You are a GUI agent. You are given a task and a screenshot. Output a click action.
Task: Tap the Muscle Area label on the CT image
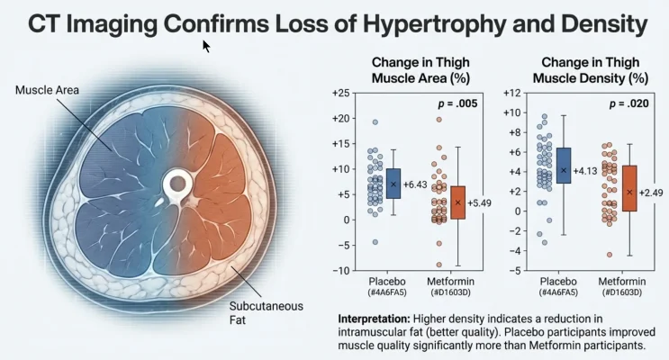(46, 90)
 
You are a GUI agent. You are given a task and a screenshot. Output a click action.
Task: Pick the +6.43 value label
(417, 184)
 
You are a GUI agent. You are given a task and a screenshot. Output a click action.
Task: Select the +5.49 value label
(482, 202)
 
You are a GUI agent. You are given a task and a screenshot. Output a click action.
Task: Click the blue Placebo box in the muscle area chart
(393, 183)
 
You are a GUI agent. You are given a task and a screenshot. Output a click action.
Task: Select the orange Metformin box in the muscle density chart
(629, 188)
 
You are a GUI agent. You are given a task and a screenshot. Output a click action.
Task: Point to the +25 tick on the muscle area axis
(342, 94)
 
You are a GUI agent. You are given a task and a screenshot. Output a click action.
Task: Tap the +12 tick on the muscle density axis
(512, 94)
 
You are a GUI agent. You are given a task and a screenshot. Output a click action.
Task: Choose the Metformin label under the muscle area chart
(457, 282)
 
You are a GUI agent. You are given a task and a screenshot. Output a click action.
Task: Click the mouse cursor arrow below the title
(207, 46)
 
